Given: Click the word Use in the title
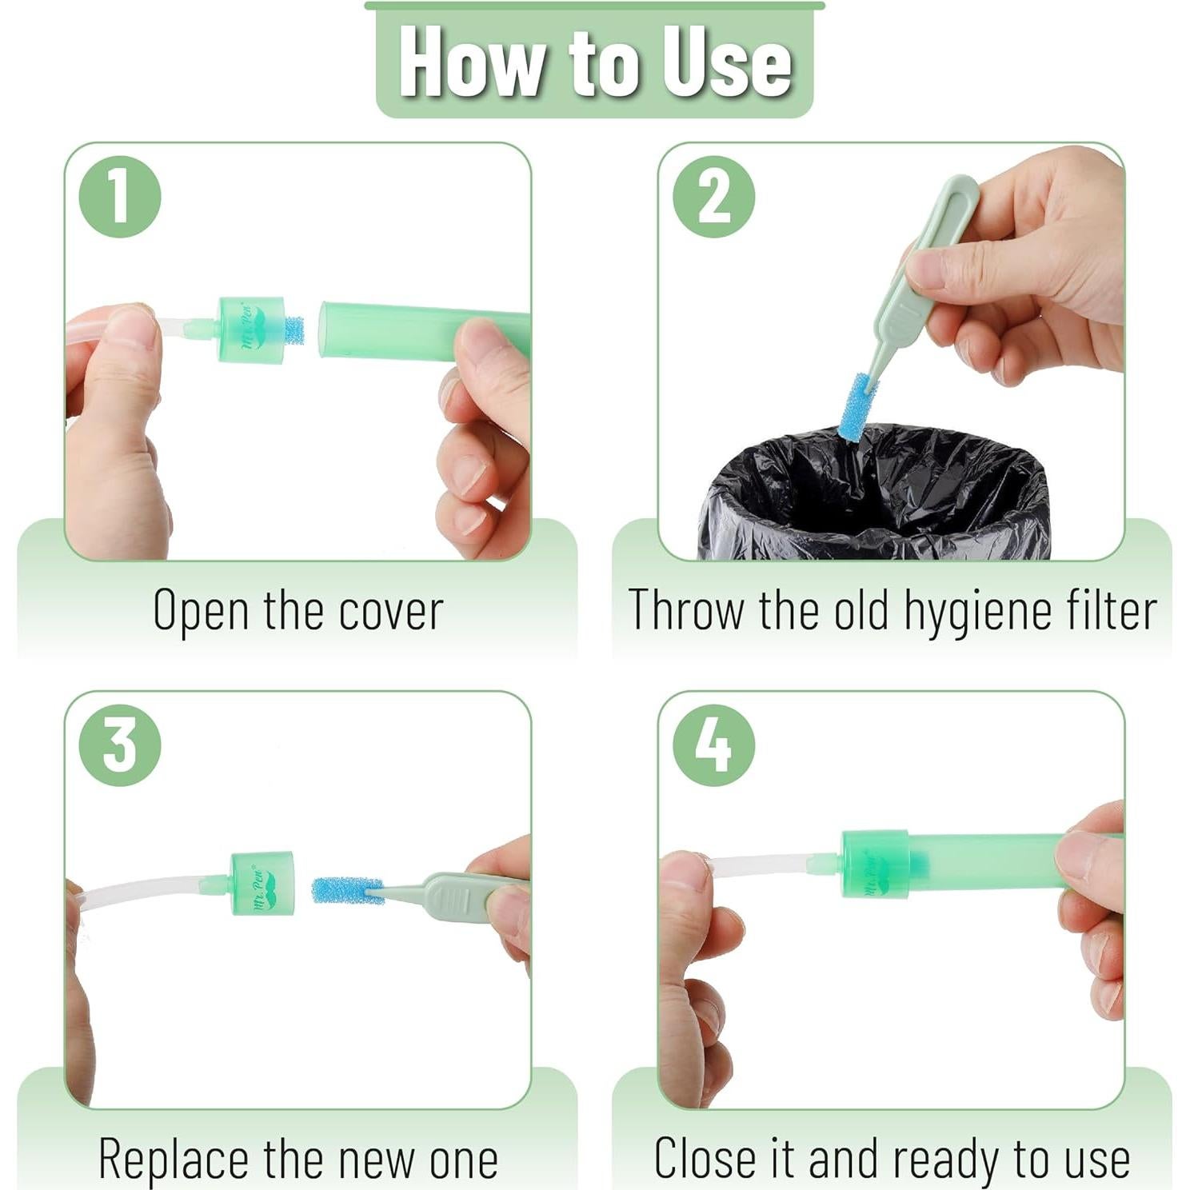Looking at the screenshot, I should point(726,62).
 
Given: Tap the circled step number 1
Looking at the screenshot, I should point(120,197).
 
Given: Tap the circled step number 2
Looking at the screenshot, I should point(713,197).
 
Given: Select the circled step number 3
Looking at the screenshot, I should point(120,745).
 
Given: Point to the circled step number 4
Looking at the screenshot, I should point(713,745).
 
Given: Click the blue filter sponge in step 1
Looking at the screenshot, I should point(294,330).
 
